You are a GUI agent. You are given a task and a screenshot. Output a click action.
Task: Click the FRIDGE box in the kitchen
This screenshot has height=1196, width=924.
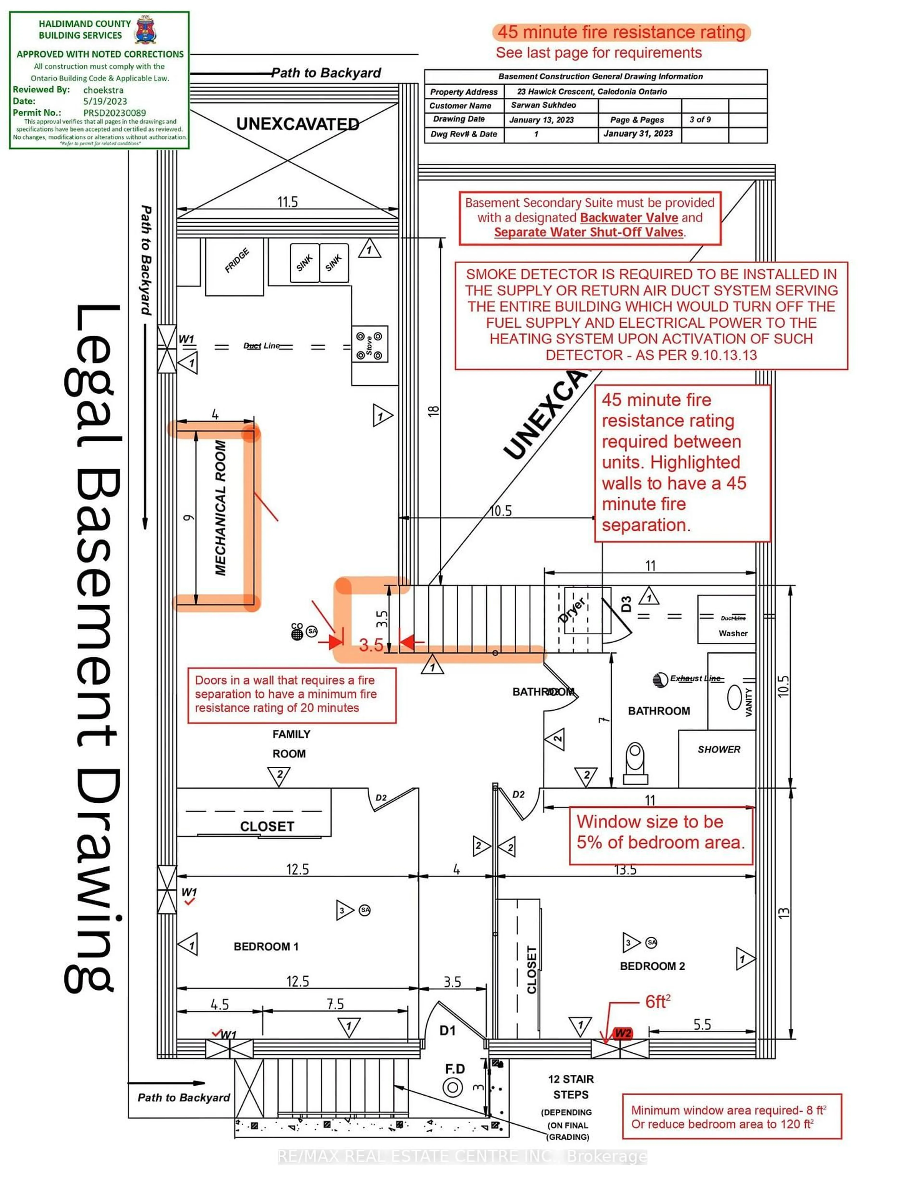coord(234,266)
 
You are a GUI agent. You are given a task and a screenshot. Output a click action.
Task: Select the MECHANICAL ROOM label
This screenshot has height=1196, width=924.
coord(220,508)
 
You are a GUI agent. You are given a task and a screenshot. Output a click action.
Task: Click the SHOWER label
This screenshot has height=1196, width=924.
coord(719,749)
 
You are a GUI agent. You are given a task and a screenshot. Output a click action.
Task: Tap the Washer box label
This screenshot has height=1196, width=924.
coord(733,633)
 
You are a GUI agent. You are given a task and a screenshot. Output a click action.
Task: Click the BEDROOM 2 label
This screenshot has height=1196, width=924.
coord(652,966)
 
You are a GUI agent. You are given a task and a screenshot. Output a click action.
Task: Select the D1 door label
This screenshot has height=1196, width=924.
coord(448,1031)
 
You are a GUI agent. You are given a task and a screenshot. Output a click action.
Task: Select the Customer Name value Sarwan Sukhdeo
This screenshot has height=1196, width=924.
coord(543,105)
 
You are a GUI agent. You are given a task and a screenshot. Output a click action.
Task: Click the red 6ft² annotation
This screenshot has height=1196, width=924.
coord(657,1002)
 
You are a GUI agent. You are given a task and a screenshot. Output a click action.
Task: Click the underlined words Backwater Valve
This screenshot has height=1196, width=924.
coord(629,217)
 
